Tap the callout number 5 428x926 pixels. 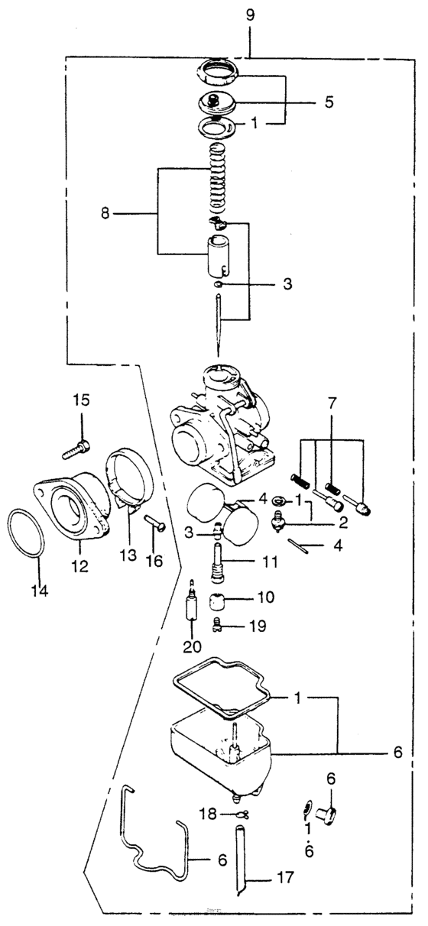coord(329,101)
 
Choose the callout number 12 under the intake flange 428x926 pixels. coord(79,567)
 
